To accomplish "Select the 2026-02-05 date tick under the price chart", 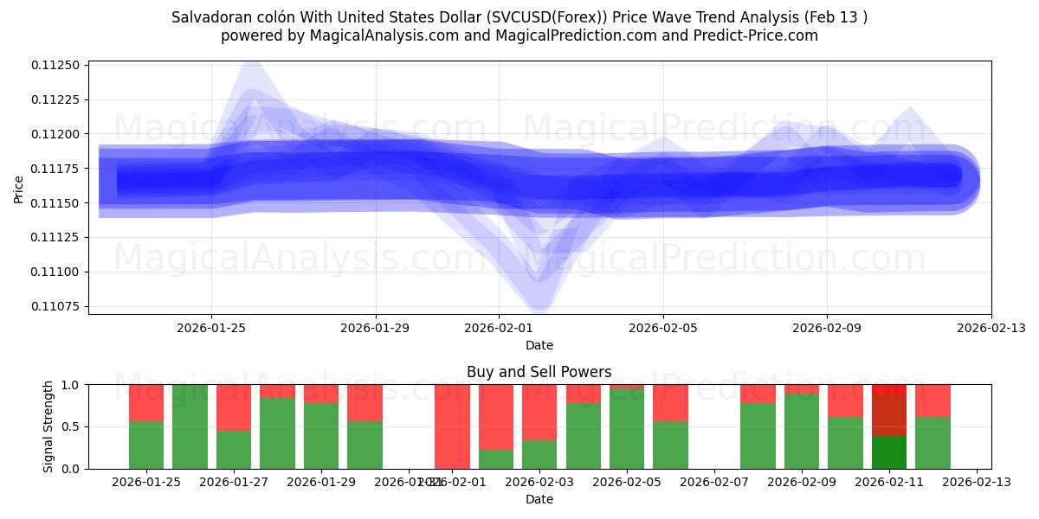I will coord(663,328).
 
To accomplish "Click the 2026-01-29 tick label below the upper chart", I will coord(375,328).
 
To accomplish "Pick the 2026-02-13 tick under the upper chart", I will coord(991,328).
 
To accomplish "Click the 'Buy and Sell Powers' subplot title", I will coord(539,372).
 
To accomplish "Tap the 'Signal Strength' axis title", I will coord(48,426).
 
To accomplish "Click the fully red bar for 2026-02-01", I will coord(452,426).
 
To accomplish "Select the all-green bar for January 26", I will coord(190,426).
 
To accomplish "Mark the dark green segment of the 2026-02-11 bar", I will coord(889,452).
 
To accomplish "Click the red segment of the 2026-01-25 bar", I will coord(146,402).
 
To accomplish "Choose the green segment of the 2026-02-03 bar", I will coord(539,454).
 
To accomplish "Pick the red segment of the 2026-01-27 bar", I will coord(234,407).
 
